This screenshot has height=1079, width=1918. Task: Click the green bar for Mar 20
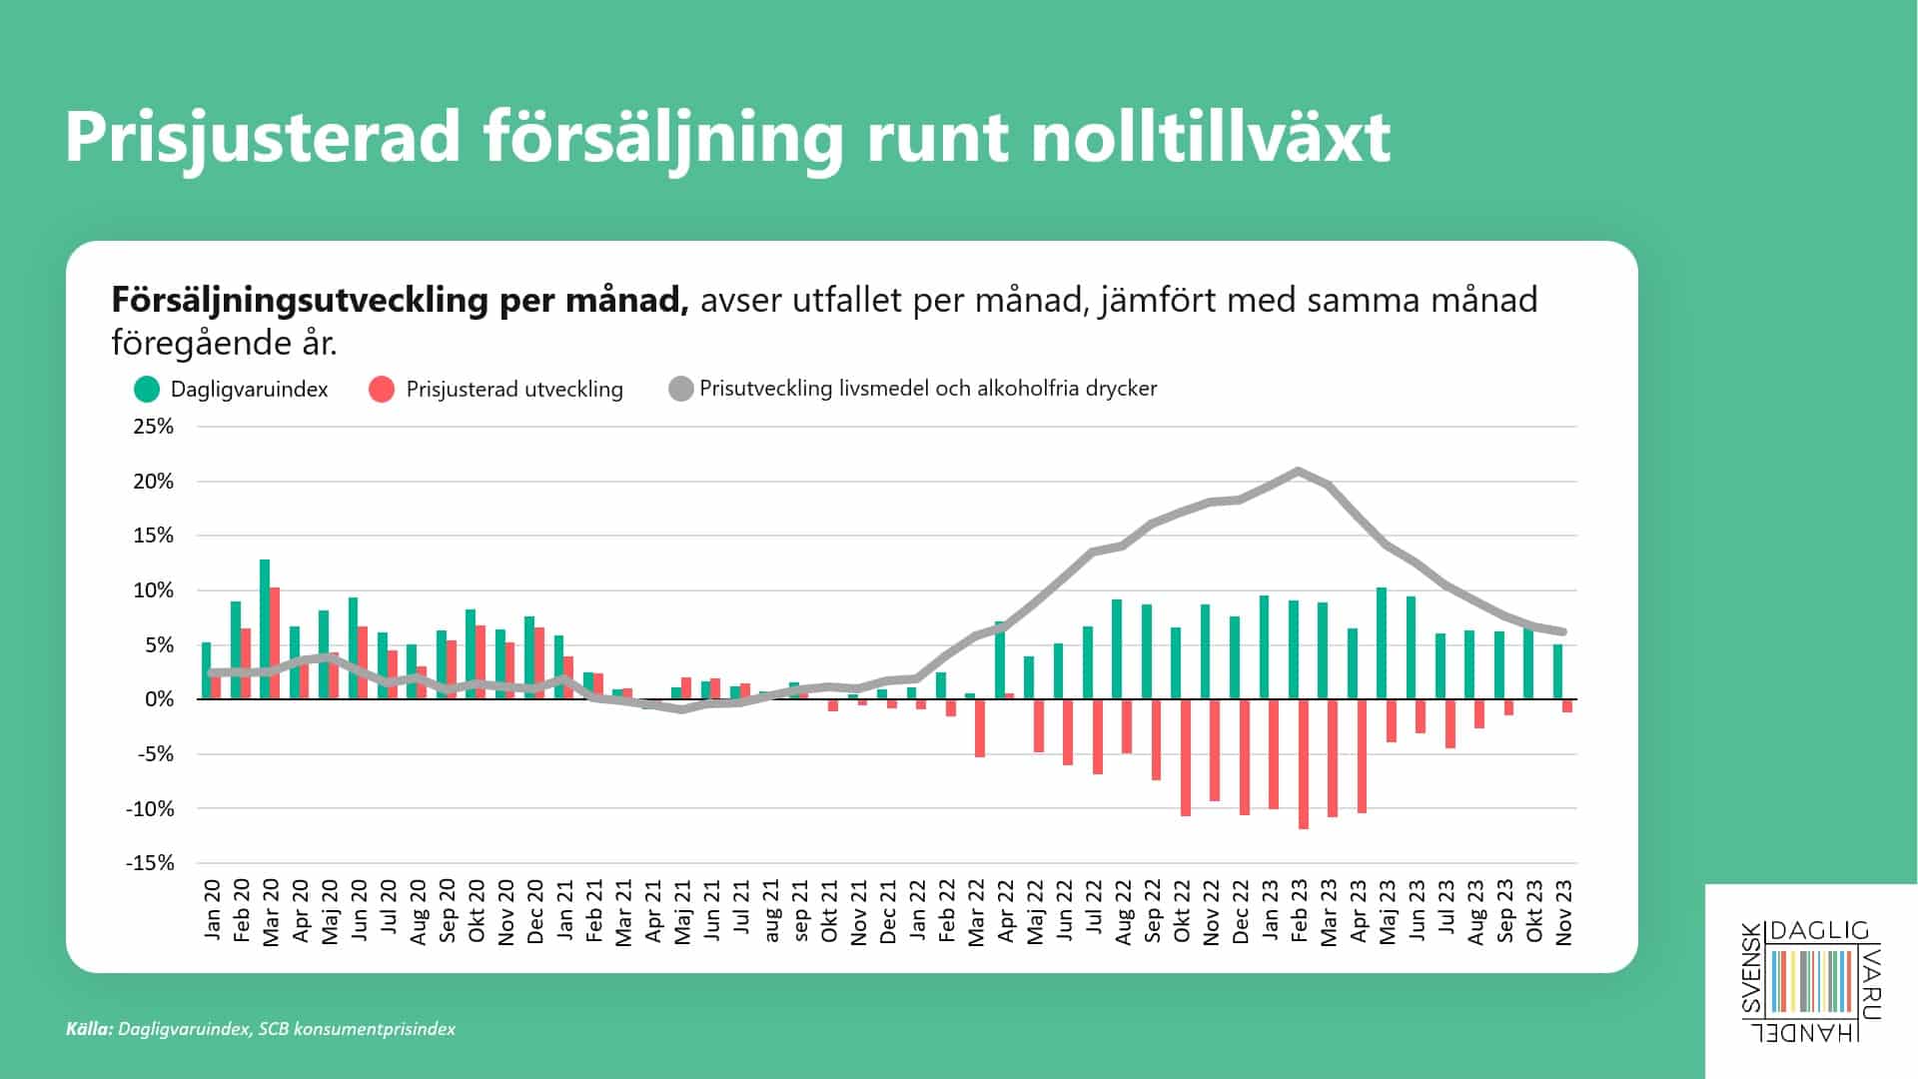pos(265,629)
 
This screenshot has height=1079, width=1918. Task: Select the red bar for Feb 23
pos(1304,764)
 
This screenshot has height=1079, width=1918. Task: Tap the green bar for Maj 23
pos(1382,643)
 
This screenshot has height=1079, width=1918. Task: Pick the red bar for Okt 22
pos(1186,758)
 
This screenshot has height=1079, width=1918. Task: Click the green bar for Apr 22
pos(1000,660)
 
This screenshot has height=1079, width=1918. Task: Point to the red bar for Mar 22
pos(980,728)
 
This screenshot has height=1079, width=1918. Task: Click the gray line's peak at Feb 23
pos(1298,471)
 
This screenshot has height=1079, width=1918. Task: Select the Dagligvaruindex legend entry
pos(231,389)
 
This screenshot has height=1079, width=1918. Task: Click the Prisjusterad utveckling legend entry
pos(495,389)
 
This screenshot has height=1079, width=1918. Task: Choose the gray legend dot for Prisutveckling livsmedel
pos(680,389)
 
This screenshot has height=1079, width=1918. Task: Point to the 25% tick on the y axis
pos(154,427)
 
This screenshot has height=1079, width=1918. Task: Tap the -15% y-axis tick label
pos(150,862)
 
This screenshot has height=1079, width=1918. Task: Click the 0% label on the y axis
pos(160,699)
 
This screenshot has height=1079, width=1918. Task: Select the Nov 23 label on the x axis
pos(1564,911)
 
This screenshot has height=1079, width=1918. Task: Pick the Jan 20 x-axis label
pos(212,909)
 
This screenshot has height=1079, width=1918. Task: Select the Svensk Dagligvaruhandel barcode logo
pos(1811,980)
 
